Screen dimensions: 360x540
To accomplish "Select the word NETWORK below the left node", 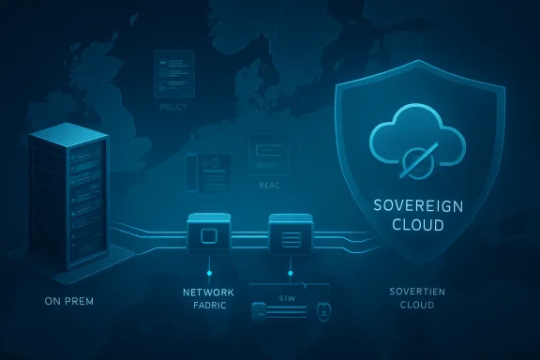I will point(208,292).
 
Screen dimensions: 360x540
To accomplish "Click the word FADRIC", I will point(208,307).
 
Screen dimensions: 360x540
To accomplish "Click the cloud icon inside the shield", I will point(417,141).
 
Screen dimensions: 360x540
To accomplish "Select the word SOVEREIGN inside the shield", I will point(417,205).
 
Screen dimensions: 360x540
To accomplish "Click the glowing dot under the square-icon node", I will point(208,274).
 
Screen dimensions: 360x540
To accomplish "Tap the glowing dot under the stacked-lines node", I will point(290,274).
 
